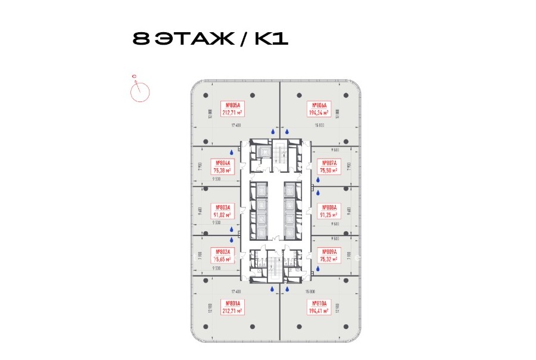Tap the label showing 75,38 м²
click(x=224, y=166)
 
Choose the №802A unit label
click(x=224, y=255)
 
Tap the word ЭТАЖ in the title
click(x=201, y=39)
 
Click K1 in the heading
click(x=272, y=39)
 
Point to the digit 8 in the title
click(x=141, y=39)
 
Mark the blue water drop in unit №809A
click(x=317, y=269)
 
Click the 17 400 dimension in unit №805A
click(x=235, y=126)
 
